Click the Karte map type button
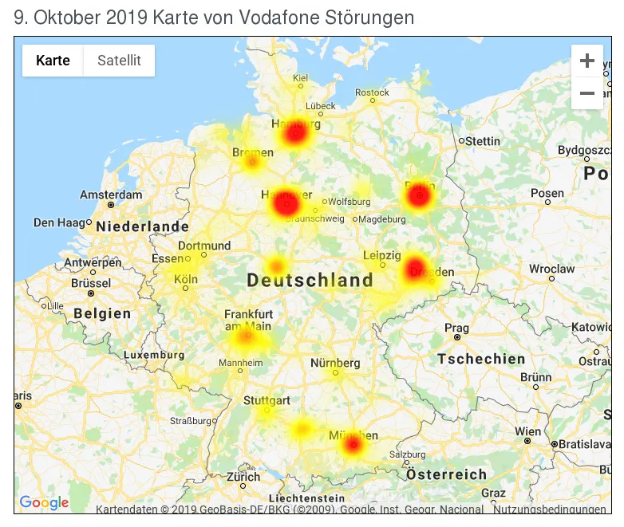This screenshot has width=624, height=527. click(x=53, y=61)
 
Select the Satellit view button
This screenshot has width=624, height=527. click(x=119, y=61)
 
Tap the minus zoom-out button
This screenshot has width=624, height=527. click(x=586, y=93)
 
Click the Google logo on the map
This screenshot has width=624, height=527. click(x=44, y=502)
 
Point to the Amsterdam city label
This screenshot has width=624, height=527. click(x=111, y=195)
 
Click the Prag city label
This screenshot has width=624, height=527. click(x=456, y=328)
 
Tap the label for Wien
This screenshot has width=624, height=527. click(x=527, y=431)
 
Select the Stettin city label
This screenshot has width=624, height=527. click(x=483, y=141)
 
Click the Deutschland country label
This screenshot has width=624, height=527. click(x=310, y=280)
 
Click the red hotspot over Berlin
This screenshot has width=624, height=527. click(x=418, y=195)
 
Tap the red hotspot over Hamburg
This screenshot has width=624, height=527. click(x=295, y=133)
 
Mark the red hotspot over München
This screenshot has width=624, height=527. click(x=353, y=444)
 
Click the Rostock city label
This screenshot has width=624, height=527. click(x=372, y=92)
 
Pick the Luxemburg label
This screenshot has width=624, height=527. click(x=154, y=355)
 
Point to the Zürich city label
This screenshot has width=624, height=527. click(x=243, y=477)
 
